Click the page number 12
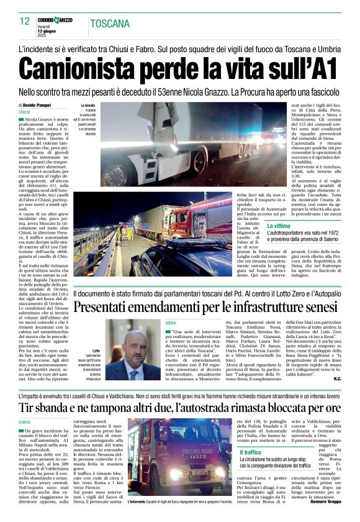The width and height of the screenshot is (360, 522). coord(25,21)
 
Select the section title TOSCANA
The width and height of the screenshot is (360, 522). coord(110,24)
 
